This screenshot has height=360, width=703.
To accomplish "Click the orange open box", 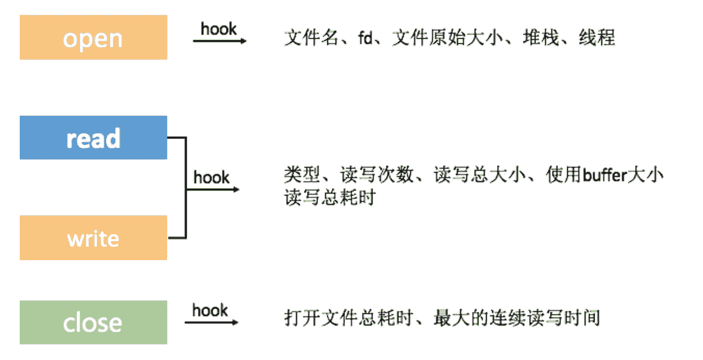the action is click(93, 38).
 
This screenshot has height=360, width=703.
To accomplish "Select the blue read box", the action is click(93, 137).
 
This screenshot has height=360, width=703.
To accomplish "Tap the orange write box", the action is click(93, 238).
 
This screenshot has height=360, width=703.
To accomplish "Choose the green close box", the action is click(93, 322).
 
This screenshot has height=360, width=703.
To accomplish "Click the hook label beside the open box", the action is click(219, 28).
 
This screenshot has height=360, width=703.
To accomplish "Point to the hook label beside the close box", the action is click(210, 309).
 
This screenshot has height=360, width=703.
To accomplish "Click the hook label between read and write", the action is click(212, 178).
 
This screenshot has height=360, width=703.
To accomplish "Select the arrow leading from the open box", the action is click(220, 41).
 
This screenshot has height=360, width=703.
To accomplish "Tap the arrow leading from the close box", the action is click(211, 322).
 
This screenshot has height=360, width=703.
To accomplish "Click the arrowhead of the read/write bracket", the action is click(236, 189).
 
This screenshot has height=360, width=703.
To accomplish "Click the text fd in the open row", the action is click(365, 38).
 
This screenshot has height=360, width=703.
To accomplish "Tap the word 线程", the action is click(597, 38).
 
